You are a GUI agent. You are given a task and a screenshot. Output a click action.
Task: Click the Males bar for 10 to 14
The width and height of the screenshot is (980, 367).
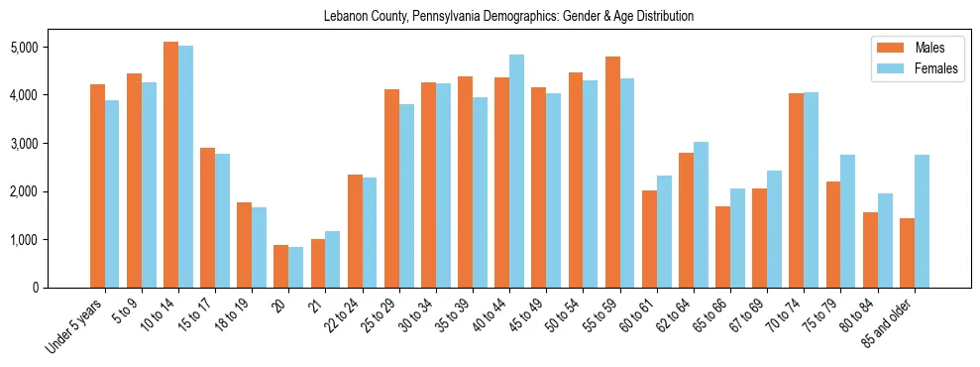[170, 165]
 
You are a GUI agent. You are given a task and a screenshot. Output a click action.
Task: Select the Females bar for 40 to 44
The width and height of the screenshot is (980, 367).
[517, 171]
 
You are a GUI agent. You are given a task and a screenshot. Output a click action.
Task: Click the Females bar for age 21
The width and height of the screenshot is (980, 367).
[333, 259]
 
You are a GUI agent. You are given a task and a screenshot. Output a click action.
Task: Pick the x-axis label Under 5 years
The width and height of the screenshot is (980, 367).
[77, 327]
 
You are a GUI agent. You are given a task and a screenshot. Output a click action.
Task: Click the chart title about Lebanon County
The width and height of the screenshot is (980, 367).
[508, 16]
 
